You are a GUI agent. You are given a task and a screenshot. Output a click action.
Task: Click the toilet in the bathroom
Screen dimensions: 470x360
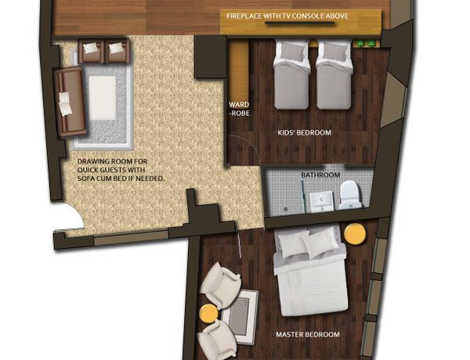coord(350,195)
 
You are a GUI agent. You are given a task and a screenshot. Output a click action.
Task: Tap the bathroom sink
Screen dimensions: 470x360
coord(321,201)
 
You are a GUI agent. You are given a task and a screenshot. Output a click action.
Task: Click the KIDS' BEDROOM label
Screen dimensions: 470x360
coord(304,132)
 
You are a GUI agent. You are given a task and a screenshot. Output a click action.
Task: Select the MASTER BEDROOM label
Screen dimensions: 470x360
coord(308,334)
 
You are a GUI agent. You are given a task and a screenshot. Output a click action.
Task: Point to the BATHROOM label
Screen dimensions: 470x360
coord(320,175)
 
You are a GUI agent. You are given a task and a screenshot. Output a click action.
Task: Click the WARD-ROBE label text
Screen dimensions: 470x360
coord(239,109)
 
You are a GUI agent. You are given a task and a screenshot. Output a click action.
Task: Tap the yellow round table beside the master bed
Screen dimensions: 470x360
coord(355,234)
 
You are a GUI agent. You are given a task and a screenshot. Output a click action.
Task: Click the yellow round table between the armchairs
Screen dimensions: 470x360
coord(209,313)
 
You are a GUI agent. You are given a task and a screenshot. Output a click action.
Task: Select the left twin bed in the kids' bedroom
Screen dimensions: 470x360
coord(291,75)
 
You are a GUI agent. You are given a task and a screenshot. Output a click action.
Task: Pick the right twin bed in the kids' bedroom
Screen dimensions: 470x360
coord(334,75)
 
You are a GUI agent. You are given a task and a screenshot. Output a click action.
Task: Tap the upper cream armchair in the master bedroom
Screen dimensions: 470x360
coord(220,285)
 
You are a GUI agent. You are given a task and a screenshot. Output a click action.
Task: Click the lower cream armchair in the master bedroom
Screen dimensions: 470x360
coord(217,338)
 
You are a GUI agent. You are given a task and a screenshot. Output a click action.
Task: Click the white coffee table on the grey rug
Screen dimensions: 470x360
coord(102,98)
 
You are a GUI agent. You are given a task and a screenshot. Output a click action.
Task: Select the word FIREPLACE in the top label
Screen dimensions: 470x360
coord(244,16)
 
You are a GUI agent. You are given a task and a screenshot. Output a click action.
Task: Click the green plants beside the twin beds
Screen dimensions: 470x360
coord(366,44)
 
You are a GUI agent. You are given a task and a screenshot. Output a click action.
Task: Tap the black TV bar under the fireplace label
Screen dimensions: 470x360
coord(299,23)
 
